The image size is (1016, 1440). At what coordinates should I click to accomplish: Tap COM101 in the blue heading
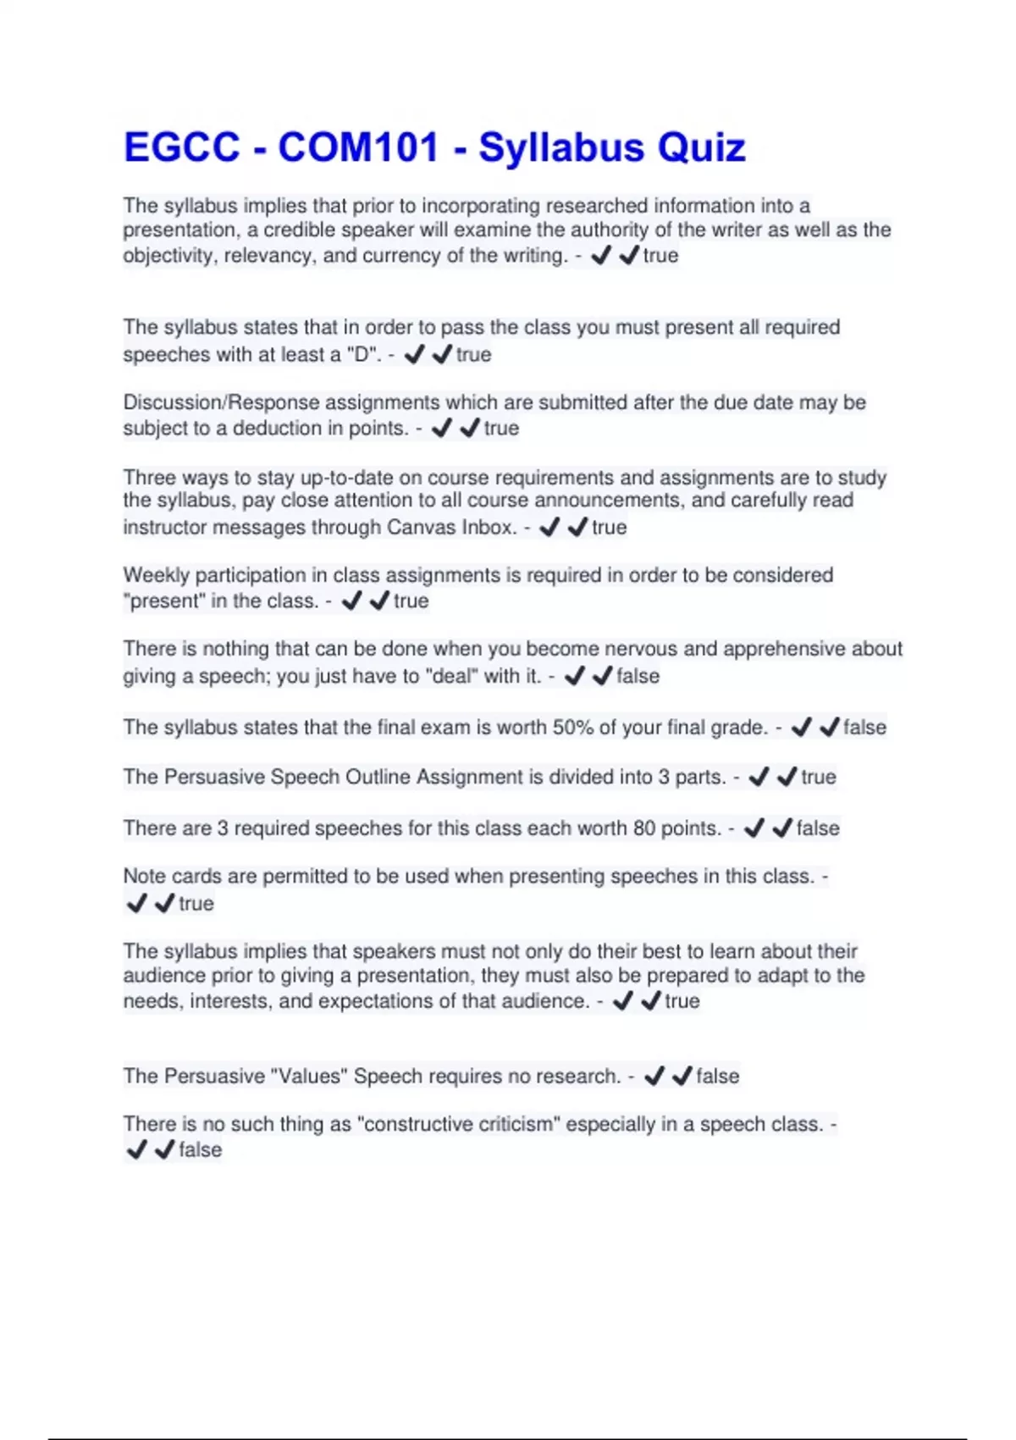click(x=358, y=147)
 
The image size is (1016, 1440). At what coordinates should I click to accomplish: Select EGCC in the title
click(x=182, y=147)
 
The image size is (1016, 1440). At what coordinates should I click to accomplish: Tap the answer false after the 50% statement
click(x=864, y=728)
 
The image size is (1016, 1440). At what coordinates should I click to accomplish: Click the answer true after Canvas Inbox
click(x=609, y=528)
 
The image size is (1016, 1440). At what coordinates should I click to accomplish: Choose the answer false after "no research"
click(x=717, y=1077)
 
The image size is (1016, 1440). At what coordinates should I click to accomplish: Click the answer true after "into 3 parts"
click(x=818, y=778)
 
